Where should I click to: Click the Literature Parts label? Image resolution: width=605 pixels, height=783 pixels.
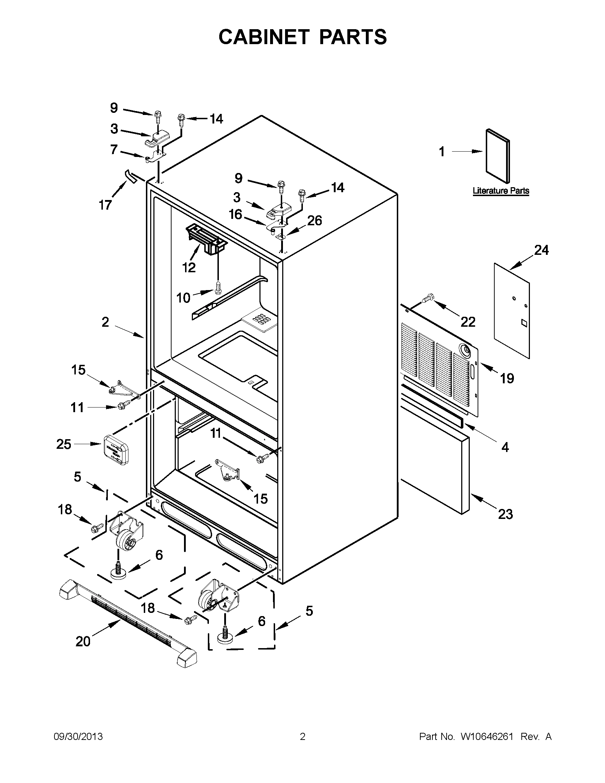pos(501,191)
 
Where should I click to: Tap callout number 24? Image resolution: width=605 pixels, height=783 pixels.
pos(541,250)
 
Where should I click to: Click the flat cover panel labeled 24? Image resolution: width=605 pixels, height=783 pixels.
pos(511,310)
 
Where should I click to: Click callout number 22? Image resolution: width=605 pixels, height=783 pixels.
pos(468,322)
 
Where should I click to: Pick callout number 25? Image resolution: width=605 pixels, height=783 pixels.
pos(64,444)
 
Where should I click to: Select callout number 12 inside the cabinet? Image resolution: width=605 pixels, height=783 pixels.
pos(189,267)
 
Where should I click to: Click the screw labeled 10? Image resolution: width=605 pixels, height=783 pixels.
pos(217,286)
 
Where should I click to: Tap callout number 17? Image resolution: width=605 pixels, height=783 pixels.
pos(105,205)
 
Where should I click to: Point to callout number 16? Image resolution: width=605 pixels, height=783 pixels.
pos(236,214)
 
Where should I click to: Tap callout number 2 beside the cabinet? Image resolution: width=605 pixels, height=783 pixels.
pos(105,322)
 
